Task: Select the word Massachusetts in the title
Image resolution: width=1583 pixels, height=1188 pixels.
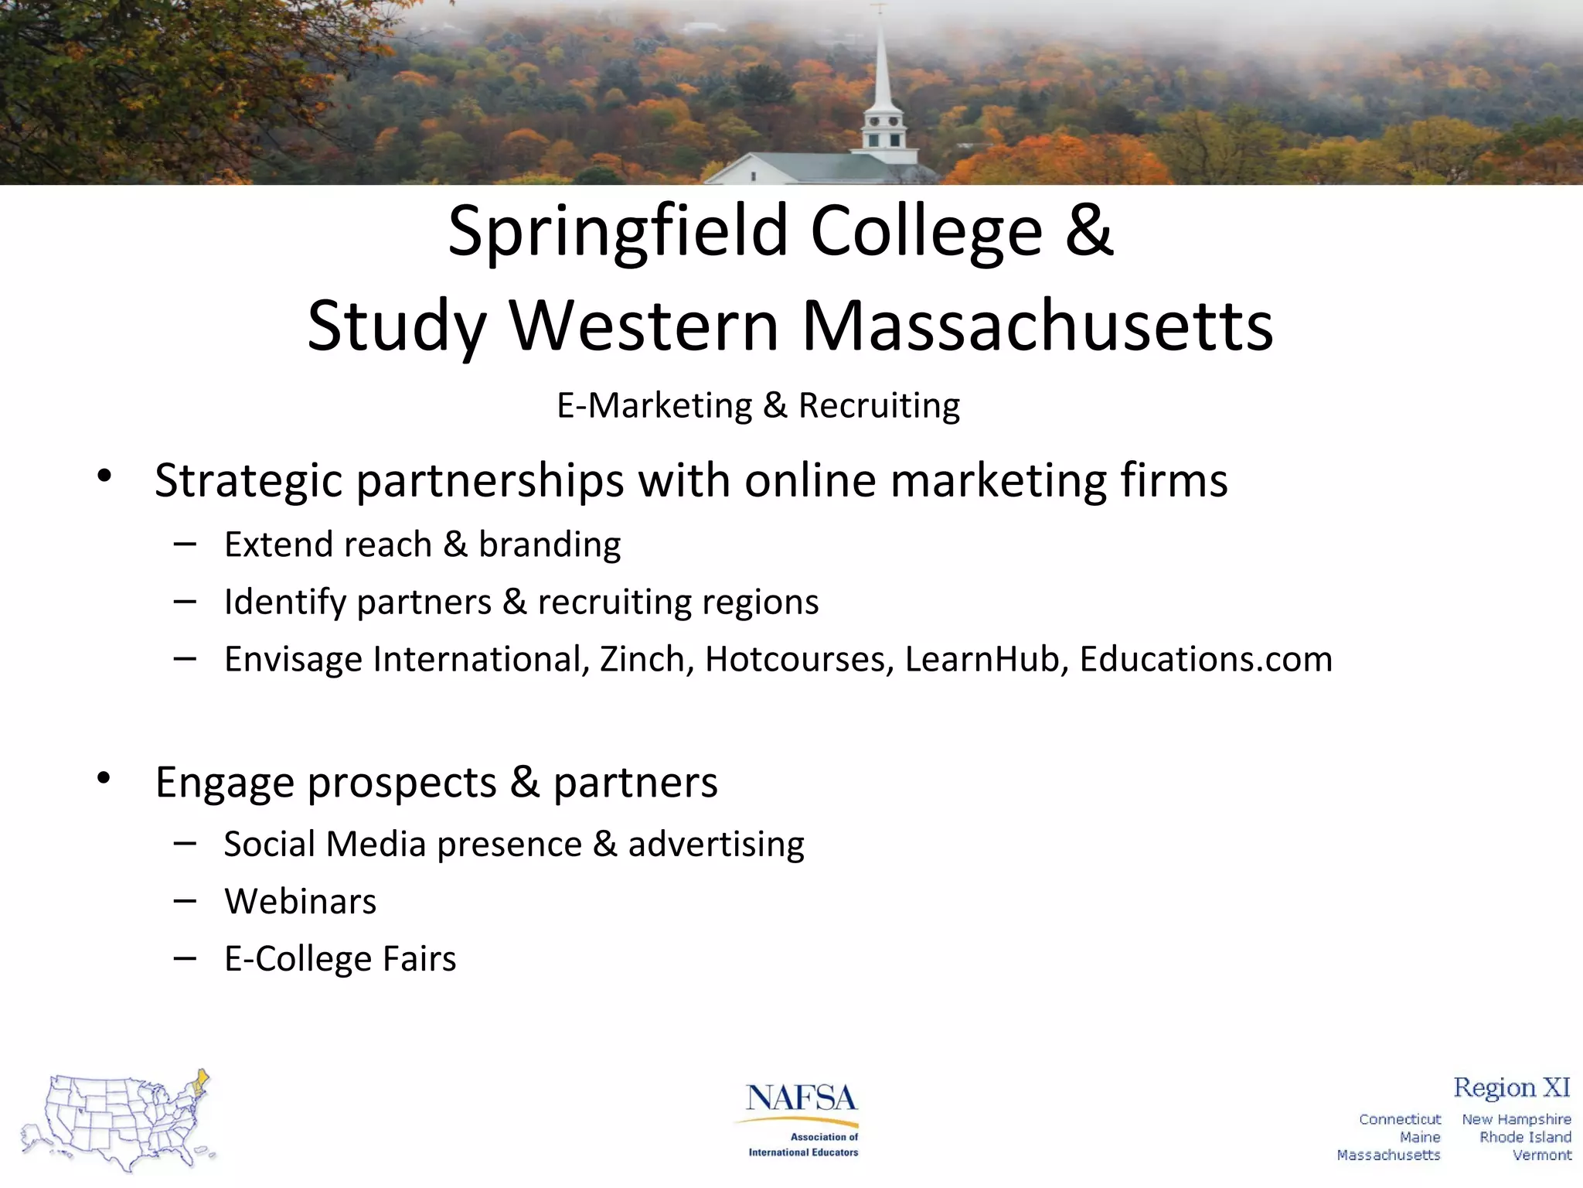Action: tap(1037, 326)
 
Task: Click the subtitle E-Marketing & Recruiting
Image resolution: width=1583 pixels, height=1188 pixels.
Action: tap(758, 406)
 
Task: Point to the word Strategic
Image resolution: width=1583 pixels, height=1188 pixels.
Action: tap(248, 481)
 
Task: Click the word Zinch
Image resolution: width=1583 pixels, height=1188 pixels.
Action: tap(646, 660)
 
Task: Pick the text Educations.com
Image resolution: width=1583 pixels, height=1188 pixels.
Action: tap(1206, 660)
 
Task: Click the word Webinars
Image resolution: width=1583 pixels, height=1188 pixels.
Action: tap(301, 902)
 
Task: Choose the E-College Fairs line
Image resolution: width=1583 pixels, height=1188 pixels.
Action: tap(340, 959)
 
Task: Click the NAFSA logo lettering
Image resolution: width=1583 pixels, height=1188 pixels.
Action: tap(802, 1098)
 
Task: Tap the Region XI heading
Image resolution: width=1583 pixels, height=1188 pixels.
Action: tap(1511, 1087)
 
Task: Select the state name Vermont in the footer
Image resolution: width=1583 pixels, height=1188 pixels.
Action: tap(1542, 1156)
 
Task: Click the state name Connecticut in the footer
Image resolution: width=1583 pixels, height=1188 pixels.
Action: tap(1400, 1119)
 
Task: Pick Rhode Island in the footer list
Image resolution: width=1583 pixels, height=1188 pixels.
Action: tap(1525, 1137)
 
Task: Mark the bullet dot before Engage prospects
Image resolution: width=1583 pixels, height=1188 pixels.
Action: tap(104, 778)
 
